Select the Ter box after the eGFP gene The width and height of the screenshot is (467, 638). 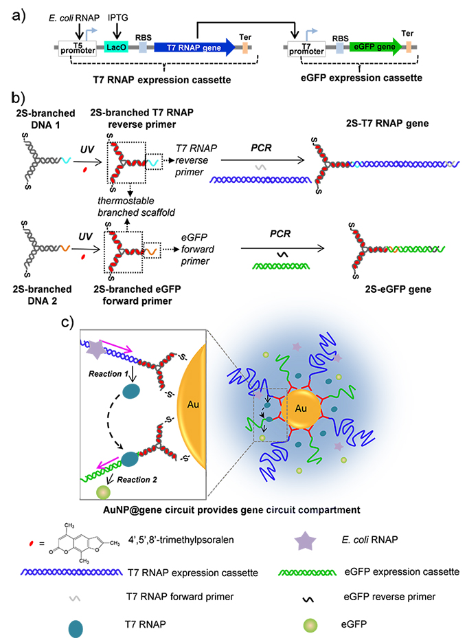408,46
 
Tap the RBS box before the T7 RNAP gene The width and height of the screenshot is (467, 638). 143,47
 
